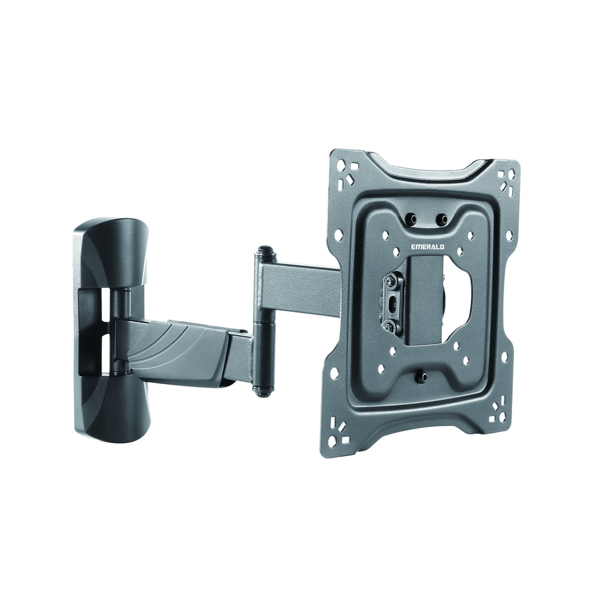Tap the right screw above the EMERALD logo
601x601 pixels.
point(442,220)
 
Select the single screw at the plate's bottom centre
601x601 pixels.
point(421,377)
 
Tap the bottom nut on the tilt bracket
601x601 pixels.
point(391,326)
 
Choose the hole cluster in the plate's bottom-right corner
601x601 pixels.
point(497,413)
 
